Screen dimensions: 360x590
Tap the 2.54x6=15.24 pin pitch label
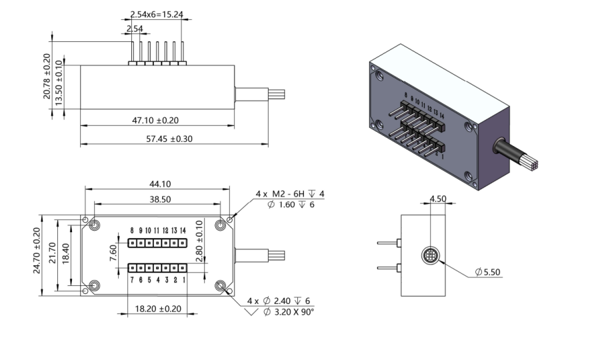157,14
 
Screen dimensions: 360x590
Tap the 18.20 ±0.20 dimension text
157,309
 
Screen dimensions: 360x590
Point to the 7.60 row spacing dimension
114,254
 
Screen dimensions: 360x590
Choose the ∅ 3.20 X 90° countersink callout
288,312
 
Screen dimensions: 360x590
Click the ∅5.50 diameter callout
487,272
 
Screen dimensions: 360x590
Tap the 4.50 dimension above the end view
438,199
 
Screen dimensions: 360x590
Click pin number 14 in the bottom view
183,230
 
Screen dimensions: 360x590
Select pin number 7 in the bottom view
132,280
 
